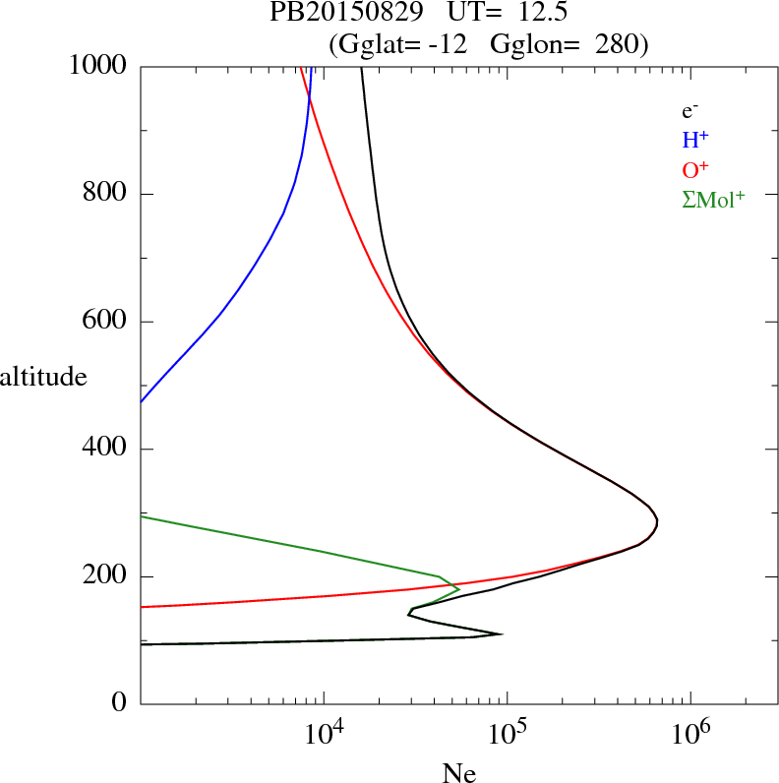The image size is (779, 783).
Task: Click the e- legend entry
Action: pyautogui.click(x=689, y=111)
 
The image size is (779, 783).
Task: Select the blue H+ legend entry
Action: pyautogui.click(x=695, y=141)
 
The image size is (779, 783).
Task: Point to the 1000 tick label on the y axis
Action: pyautogui.click(x=98, y=66)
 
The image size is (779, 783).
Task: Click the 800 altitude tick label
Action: pyautogui.click(x=106, y=194)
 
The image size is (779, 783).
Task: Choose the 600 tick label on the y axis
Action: pyautogui.click(x=106, y=322)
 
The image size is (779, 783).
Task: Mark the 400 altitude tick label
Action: pyautogui.click(x=106, y=450)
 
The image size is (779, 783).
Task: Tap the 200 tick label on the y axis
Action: pyautogui.click(x=106, y=576)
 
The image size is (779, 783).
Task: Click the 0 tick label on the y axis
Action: pyautogui.click(x=121, y=704)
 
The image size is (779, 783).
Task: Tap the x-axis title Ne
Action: pyautogui.click(x=458, y=772)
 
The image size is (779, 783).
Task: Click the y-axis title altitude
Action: pyautogui.click(x=43, y=376)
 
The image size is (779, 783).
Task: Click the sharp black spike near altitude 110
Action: pyautogui.click(x=502, y=633)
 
